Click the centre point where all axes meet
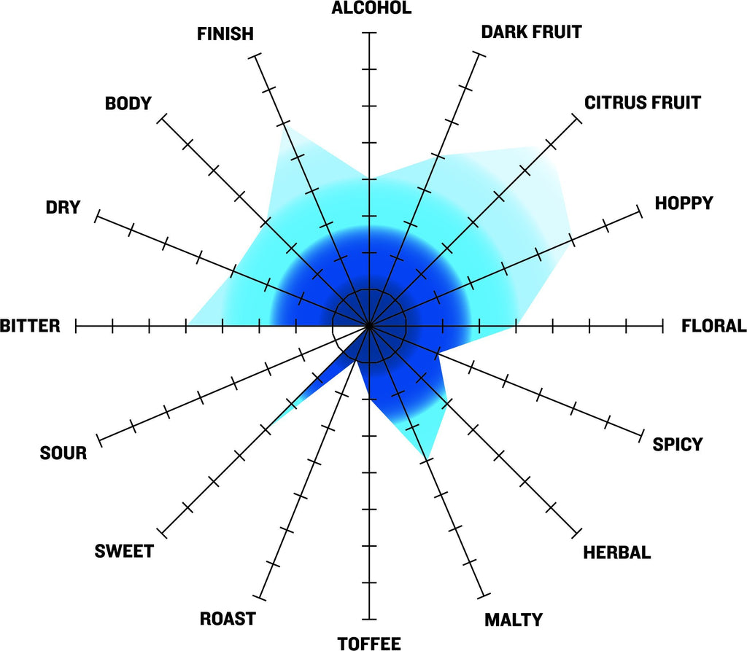(368, 326)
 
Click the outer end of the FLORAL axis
(662, 326)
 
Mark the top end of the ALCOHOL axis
(368, 33)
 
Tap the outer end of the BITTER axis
(76, 326)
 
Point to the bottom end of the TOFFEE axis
(368, 619)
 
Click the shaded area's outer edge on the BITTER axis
(187, 326)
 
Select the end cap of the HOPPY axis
(639, 211)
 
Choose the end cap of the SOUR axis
(99, 440)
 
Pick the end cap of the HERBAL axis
(576, 532)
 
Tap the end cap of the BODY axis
(162, 119)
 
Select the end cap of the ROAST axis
(259, 597)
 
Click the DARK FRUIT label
(531, 32)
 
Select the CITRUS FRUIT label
(642, 103)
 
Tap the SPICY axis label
(678, 444)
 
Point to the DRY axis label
(63, 207)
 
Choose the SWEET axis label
(124, 551)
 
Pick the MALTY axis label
(514, 620)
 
